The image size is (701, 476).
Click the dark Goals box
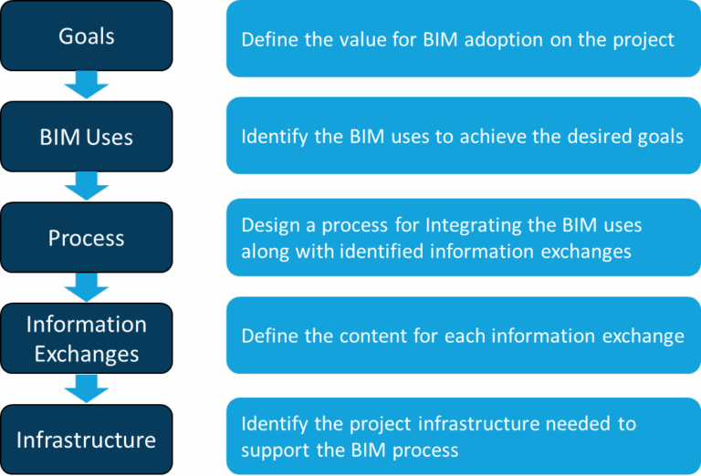[86, 37]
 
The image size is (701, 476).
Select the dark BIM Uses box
[86, 138]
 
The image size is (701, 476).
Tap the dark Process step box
[86, 239]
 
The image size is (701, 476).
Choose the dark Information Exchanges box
[86, 339]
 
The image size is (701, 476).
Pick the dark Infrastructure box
[86, 440]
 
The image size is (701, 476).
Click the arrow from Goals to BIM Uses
[87, 88]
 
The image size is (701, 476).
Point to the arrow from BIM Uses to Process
[87, 189]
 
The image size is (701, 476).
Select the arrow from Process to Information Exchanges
[87, 289]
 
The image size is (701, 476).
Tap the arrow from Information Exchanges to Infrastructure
[87, 390]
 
